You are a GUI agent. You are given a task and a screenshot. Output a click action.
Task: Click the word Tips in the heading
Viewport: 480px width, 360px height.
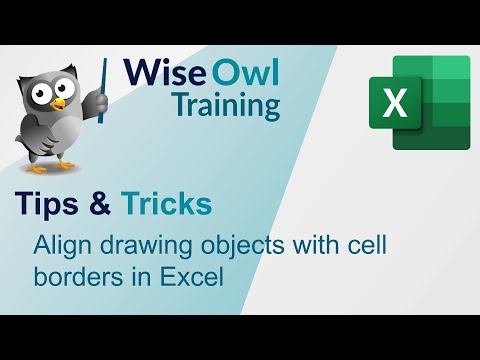[x=47, y=204]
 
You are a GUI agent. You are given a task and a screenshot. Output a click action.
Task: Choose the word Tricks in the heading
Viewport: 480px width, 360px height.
[x=166, y=204]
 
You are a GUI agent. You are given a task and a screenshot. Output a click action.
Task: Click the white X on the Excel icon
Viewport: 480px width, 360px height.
[x=396, y=104]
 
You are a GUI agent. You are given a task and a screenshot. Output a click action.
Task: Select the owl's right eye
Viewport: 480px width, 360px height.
[x=71, y=87]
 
